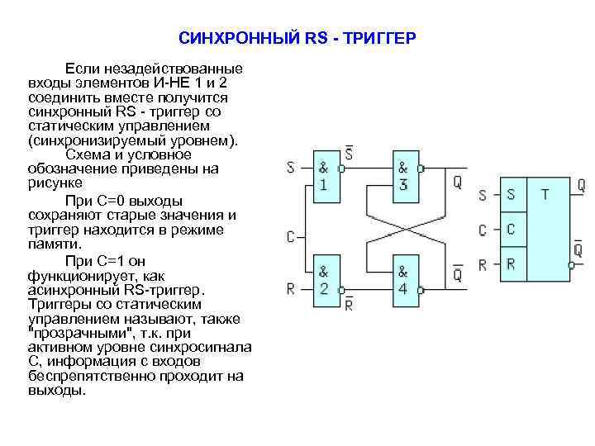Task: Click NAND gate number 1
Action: [x=324, y=175]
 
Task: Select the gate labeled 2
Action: [x=324, y=281]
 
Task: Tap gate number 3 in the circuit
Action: [x=403, y=175]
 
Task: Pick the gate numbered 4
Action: [x=403, y=281]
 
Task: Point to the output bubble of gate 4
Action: [x=421, y=290]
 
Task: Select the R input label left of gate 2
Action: [x=291, y=289]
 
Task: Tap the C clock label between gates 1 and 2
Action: [x=291, y=237]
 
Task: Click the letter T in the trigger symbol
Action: [x=545, y=195]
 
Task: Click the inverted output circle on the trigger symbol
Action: [x=571, y=265]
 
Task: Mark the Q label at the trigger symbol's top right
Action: [x=581, y=185]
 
